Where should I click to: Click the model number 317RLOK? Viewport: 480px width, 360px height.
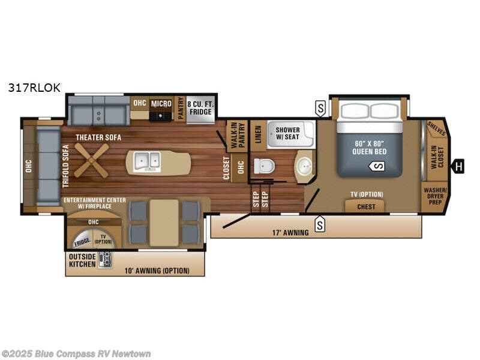(34, 87)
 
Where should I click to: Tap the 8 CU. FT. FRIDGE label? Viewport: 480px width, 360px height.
(200, 107)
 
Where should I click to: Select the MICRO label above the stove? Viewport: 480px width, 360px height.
(161, 103)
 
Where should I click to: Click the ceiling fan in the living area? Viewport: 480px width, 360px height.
(92, 161)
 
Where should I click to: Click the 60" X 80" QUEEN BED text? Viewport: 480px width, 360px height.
(369, 147)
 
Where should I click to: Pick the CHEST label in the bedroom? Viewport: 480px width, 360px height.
(366, 206)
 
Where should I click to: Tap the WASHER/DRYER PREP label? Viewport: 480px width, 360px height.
(433, 197)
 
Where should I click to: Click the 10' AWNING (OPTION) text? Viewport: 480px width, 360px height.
(157, 271)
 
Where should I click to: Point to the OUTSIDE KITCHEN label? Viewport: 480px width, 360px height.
(82, 259)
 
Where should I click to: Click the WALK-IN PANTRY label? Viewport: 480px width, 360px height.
(235, 135)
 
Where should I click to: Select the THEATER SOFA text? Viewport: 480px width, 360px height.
(98, 137)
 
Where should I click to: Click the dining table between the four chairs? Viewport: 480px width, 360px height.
(164, 223)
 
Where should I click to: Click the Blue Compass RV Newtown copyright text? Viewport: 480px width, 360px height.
(76, 353)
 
